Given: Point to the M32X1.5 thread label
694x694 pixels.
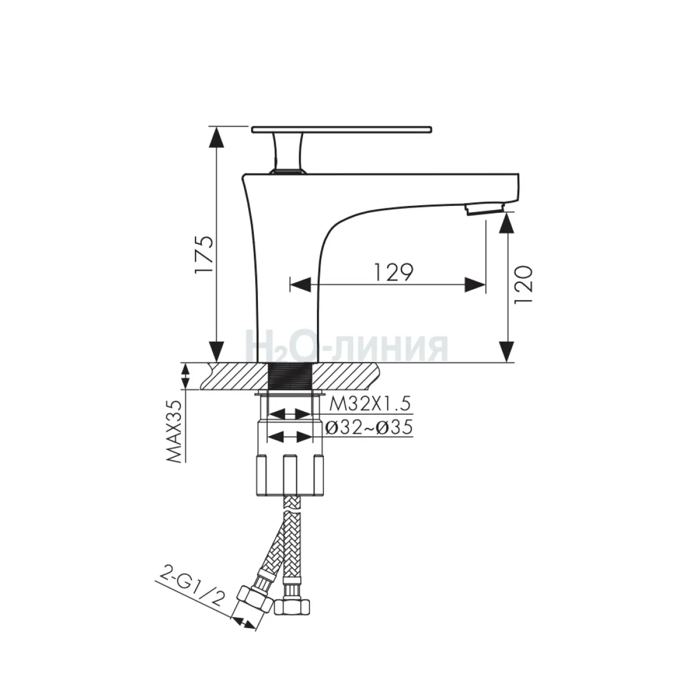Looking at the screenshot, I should coord(369,403).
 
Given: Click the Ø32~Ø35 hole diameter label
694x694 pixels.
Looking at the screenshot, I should coord(368,427).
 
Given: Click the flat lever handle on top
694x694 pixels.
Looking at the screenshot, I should coord(342,128).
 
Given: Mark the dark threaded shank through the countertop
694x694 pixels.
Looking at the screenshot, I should coord(292,376).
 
